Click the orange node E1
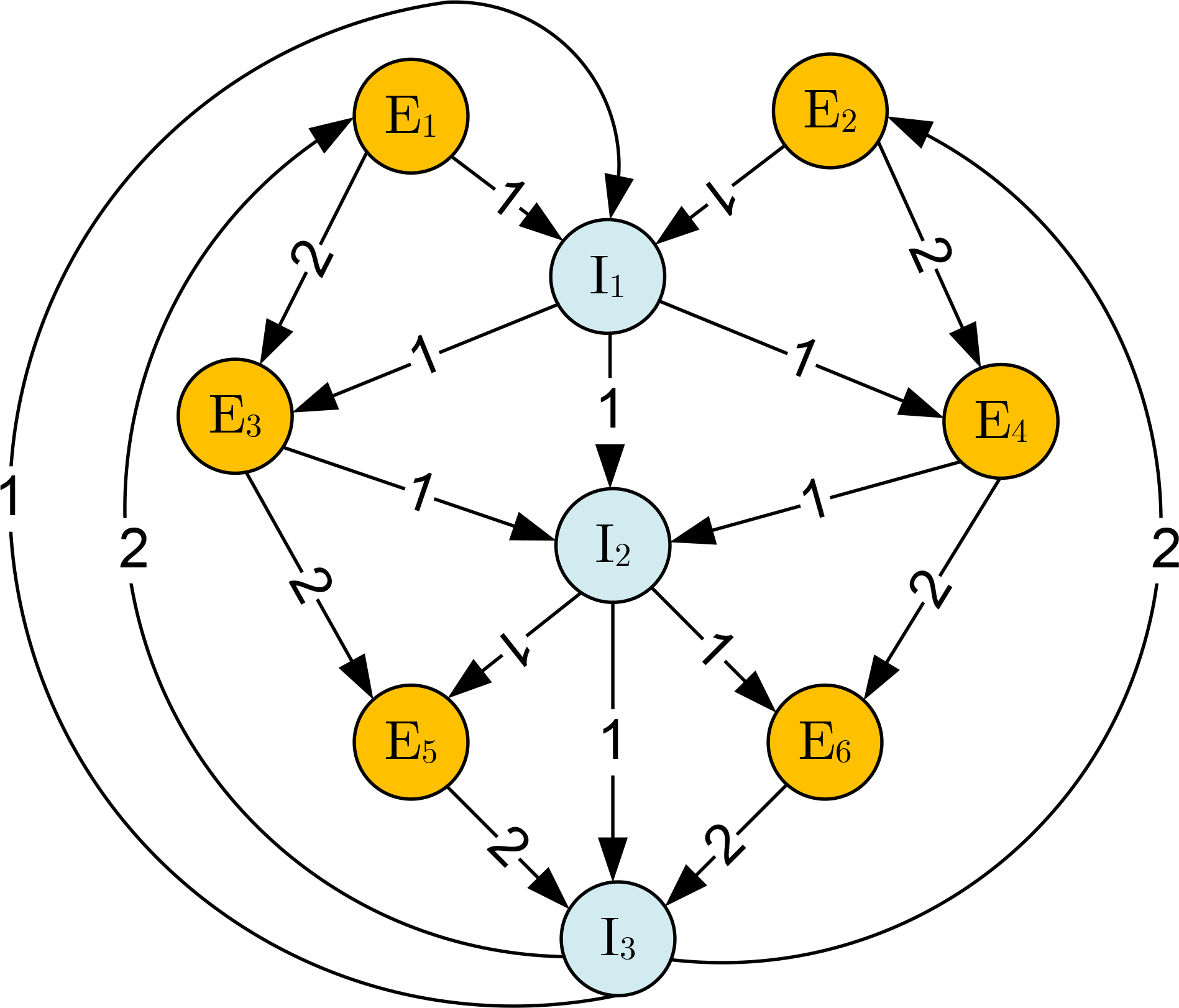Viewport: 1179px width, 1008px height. coord(411,116)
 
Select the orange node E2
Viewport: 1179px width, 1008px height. coord(830,111)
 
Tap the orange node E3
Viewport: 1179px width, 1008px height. coord(235,416)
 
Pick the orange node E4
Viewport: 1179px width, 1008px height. coord(1000,421)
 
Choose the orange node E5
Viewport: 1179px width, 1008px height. coord(411,741)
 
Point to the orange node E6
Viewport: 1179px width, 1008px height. coord(825,741)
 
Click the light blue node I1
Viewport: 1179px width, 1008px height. coord(607,276)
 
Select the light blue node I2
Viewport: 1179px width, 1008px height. coord(612,545)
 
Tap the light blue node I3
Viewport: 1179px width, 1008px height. coord(617,938)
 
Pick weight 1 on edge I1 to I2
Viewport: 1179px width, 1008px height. coord(610,408)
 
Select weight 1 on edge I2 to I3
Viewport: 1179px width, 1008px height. coord(612,740)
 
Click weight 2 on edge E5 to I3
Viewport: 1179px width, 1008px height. coord(508,846)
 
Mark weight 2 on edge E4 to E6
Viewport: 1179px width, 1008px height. coord(930,590)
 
